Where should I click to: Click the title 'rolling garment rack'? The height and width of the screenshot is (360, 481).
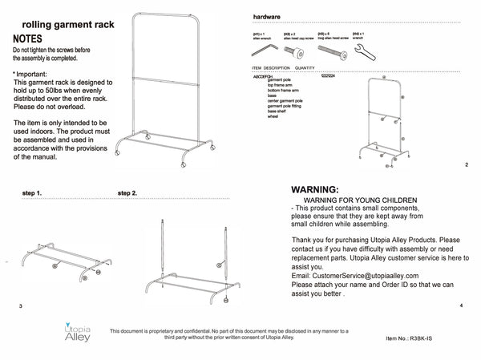[67, 24]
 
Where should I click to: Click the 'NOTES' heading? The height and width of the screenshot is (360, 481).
[34, 38]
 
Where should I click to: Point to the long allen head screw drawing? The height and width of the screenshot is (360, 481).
[337, 52]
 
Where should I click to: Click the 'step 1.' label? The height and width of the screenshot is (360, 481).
[33, 193]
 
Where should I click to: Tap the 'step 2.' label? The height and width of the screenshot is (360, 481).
[128, 193]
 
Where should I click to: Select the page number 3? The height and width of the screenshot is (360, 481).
[20, 306]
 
